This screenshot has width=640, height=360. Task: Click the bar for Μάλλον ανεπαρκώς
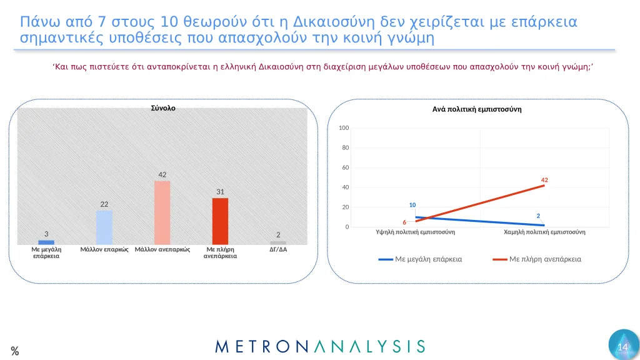tap(162, 212)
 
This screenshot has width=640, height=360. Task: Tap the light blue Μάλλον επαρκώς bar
tap(104, 227)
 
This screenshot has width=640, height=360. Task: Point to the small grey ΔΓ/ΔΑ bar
tap(278, 242)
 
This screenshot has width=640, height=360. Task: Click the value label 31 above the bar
tap(220, 191)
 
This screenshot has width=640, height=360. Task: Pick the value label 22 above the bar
tap(104, 204)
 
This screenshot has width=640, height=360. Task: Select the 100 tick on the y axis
tap(343, 128)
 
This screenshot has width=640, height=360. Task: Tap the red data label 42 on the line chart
tap(544, 180)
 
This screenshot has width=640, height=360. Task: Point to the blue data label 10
tap(412, 205)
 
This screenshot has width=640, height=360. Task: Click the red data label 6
tap(404, 222)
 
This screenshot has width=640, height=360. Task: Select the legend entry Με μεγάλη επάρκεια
tap(429, 259)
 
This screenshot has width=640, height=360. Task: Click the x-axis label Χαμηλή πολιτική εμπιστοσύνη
tap(544, 231)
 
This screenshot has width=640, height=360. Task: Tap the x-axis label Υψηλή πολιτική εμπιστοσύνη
tap(415, 231)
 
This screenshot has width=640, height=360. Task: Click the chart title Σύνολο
tap(163, 107)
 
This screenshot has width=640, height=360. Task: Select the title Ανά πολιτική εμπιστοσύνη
tap(477, 109)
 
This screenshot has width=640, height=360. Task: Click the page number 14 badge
tap(622, 347)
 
